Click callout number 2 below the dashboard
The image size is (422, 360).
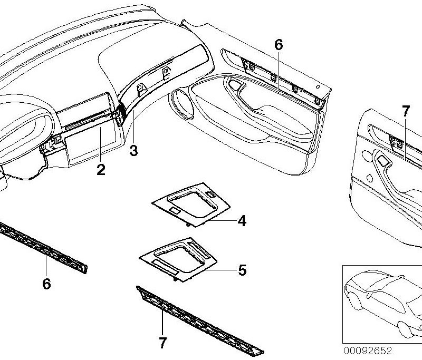101,170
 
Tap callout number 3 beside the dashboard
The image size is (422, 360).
133,151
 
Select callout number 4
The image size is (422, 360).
242,221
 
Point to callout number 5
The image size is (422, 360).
242,270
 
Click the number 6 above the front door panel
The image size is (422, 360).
279,45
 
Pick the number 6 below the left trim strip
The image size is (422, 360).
46,284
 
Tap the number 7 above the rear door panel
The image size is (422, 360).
406,111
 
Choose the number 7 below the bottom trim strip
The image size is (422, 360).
162,343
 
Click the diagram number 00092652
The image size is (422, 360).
367,351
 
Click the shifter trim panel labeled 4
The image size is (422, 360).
191,205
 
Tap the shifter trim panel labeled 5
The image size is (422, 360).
178,259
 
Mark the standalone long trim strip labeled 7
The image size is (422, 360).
200,320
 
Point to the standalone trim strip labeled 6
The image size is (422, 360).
43,248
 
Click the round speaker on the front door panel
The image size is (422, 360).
183,103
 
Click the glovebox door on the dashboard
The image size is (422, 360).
93,145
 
